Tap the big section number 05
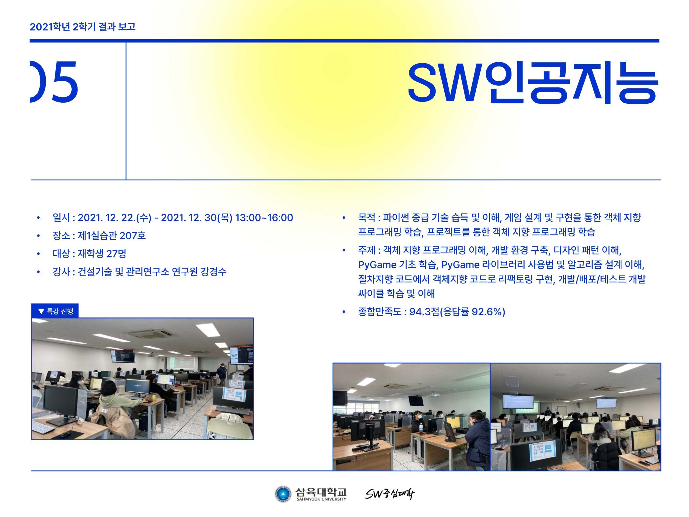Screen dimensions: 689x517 (x=54, y=82)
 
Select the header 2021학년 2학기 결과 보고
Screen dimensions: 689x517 (x=83, y=27)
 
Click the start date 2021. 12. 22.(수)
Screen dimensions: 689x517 (x=114, y=218)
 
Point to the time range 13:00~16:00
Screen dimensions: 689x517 (x=264, y=218)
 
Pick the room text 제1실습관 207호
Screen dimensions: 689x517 (x=111, y=236)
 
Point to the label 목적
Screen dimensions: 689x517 (x=367, y=217)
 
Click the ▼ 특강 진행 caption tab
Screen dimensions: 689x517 (x=55, y=311)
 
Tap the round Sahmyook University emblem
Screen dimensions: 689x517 (x=283, y=495)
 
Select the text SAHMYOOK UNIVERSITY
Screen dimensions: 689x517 (x=321, y=499)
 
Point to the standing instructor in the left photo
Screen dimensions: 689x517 (x=221, y=375)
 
